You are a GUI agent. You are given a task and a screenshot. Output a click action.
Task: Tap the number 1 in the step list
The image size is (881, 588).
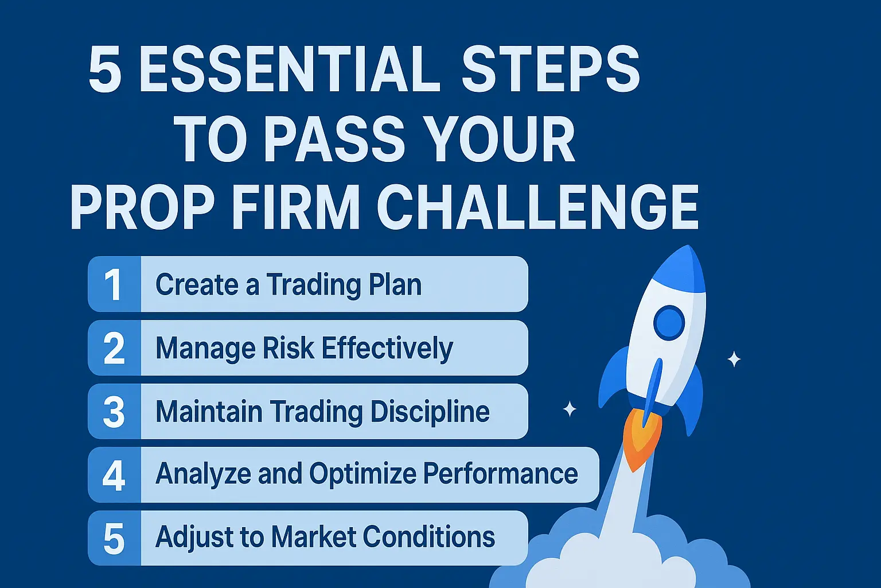click(114, 284)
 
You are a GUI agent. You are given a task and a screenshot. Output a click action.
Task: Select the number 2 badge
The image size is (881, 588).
click(114, 348)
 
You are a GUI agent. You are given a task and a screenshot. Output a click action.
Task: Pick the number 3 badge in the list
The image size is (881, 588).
click(114, 412)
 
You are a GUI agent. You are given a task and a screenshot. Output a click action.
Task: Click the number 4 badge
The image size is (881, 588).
click(114, 475)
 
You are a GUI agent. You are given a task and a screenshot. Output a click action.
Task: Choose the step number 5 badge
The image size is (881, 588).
click(114, 539)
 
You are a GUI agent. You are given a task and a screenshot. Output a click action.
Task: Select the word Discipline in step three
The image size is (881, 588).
click(430, 412)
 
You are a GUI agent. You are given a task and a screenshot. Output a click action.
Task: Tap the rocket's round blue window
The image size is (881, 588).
click(669, 323)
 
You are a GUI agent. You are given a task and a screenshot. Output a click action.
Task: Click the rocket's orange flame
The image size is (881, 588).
click(641, 439)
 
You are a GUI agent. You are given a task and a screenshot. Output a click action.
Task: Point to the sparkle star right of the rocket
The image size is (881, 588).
click(734, 359)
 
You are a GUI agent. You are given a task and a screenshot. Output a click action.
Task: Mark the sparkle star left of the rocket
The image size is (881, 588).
click(570, 409)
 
